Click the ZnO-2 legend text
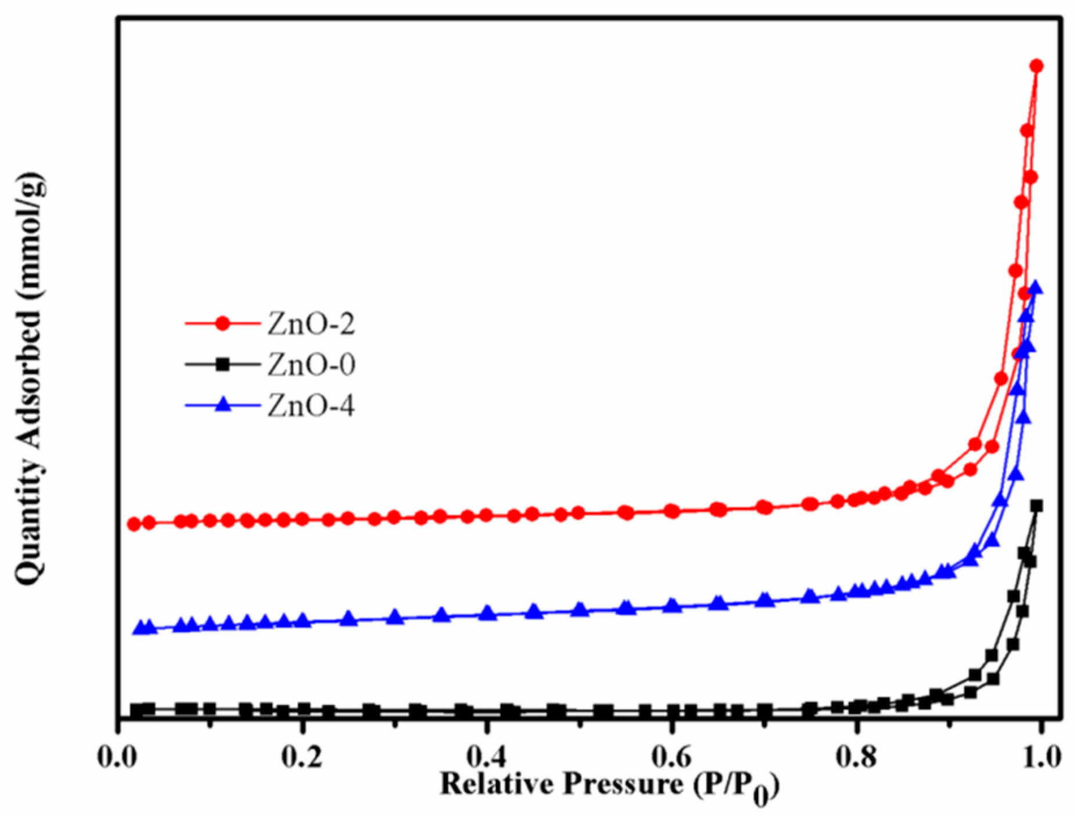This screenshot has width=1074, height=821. (x=311, y=324)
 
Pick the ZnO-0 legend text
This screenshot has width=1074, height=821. (x=311, y=365)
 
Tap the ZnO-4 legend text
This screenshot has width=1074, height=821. (x=311, y=406)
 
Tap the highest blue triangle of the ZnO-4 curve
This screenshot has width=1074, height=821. (x=1036, y=287)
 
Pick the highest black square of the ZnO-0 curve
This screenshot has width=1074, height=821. (x=1037, y=507)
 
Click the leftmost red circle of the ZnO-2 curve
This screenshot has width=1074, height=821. (x=134, y=524)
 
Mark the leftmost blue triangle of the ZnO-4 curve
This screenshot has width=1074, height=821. (x=140, y=628)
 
